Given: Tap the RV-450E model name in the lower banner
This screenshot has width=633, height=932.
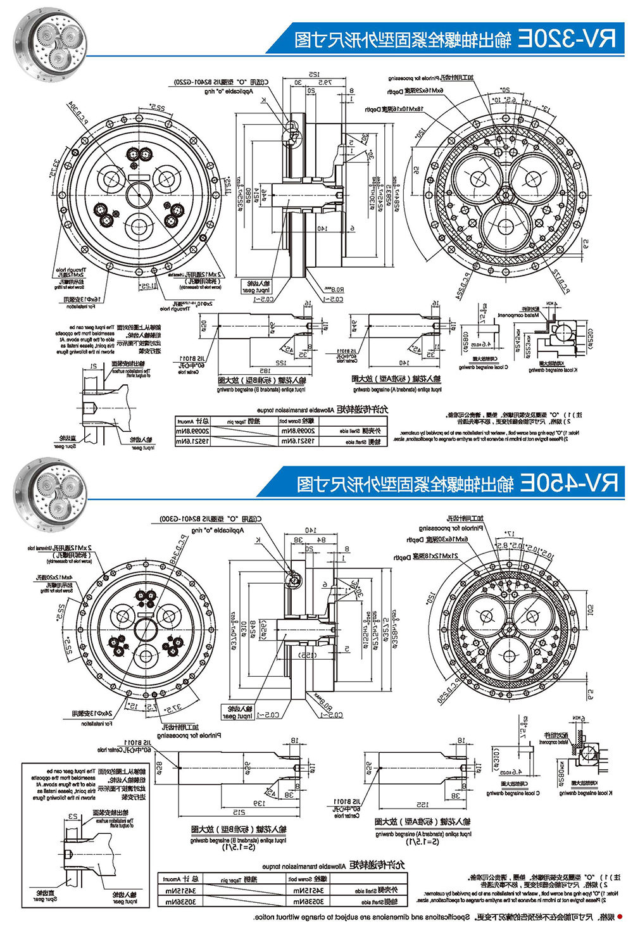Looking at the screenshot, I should tap(568, 484).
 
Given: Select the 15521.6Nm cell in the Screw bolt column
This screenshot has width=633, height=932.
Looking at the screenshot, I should tap(298, 441).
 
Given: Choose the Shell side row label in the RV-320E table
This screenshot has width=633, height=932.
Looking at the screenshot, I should tap(361, 431).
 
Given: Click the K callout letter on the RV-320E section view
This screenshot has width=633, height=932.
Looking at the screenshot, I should tap(263, 100).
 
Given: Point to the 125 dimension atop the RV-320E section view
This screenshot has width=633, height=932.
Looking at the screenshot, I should tap(315, 75).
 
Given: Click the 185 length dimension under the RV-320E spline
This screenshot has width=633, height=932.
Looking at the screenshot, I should tap(264, 371).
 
